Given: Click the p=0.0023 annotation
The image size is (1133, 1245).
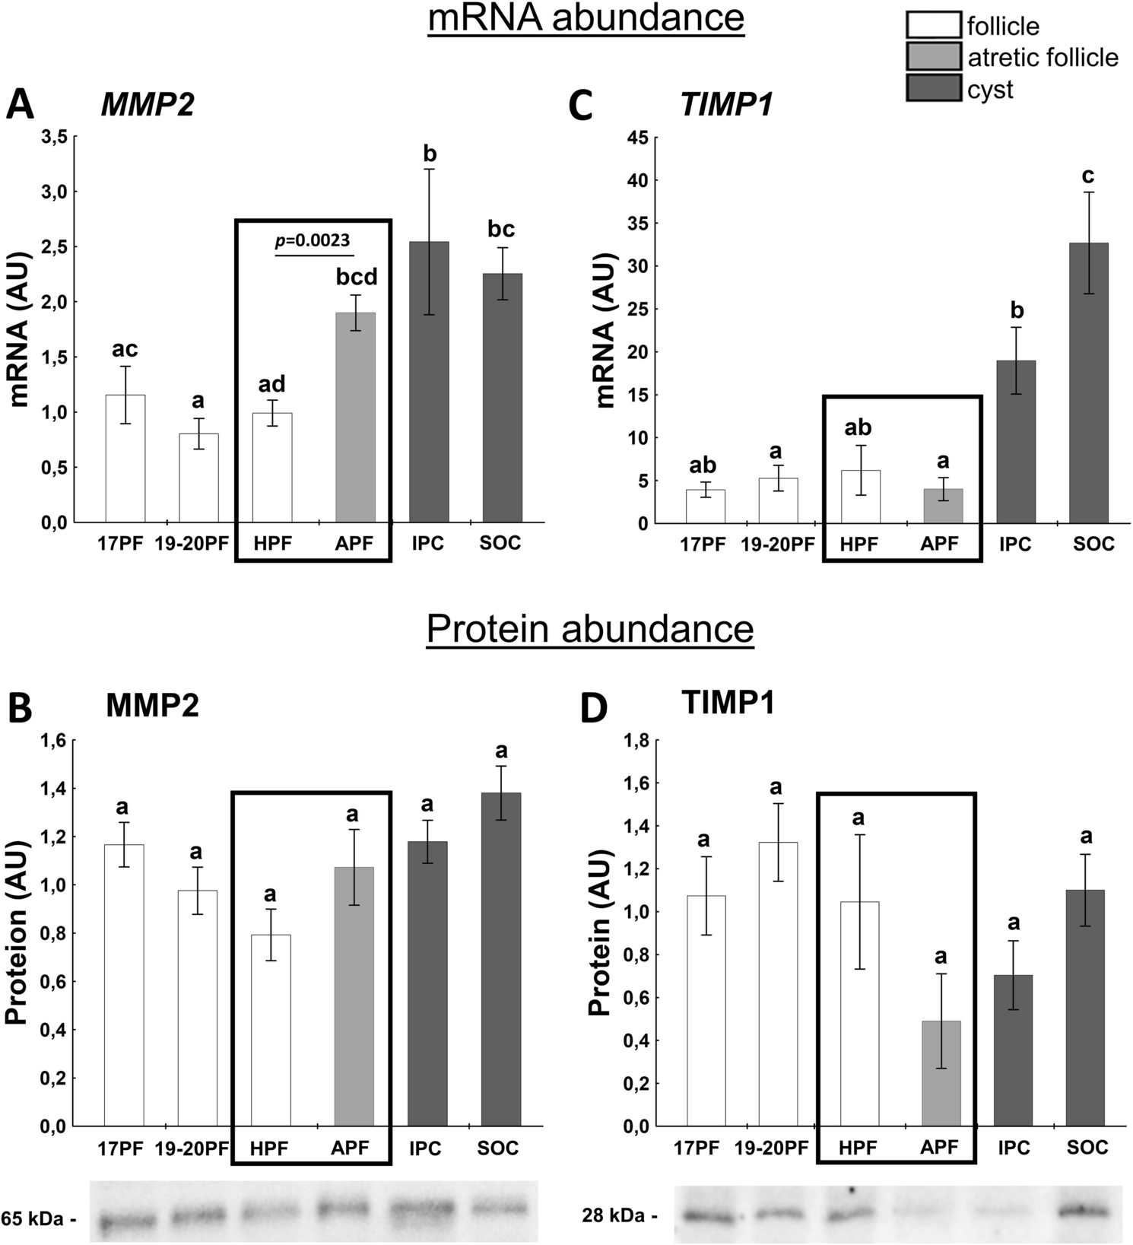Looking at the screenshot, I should click(x=313, y=240).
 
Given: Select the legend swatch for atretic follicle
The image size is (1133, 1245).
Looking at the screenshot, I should click(x=933, y=57).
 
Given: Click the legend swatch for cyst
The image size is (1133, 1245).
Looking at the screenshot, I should click(x=933, y=89).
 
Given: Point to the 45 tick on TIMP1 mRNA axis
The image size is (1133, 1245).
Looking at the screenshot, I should click(x=636, y=138).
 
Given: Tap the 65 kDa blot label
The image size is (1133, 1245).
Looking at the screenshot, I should click(x=38, y=1218).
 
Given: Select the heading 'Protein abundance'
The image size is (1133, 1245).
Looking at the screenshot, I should click(x=589, y=629).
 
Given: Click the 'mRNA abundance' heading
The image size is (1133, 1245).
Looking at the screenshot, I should click(x=586, y=18).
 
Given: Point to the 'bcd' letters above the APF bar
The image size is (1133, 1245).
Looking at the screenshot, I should click(x=357, y=277).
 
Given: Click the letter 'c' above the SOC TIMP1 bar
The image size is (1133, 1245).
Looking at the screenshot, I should click(x=1088, y=176).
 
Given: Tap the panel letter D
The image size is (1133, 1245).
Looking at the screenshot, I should click(x=594, y=707).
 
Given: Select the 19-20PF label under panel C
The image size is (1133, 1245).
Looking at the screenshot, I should click(x=776, y=544).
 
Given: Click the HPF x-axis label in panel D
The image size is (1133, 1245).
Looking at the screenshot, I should click(x=858, y=1147).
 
